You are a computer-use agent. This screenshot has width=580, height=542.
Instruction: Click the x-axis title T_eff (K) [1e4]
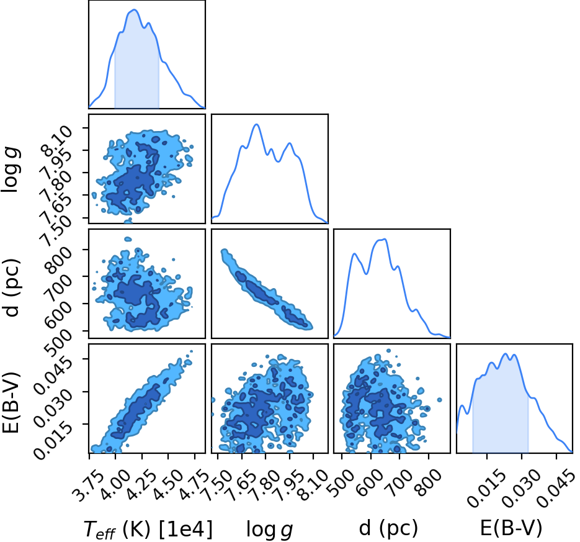pyautogui.click(x=148, y=529)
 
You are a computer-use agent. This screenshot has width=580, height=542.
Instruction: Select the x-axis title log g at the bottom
pyautogui.click(x=269, y=530)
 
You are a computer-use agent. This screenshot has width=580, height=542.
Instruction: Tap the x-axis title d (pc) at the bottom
pyautogui.click(x=388, y=528)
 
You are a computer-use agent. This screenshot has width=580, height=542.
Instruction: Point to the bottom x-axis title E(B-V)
pyautogui.click(x=511, y=528)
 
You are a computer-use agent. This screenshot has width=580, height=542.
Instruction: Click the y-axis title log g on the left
pyautogui.click(x=11, y=169)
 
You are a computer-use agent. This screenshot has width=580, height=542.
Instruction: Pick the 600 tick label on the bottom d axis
pyautogui.click(x=370, y=481)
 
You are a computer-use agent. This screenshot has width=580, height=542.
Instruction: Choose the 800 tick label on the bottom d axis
pyautogui.click(x=429, y=481)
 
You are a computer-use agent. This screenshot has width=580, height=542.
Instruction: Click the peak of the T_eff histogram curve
pyautogui.click(x=134, y=10)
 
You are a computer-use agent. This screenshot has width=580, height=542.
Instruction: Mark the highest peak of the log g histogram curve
pyautogui.click(x=256, y=125)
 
